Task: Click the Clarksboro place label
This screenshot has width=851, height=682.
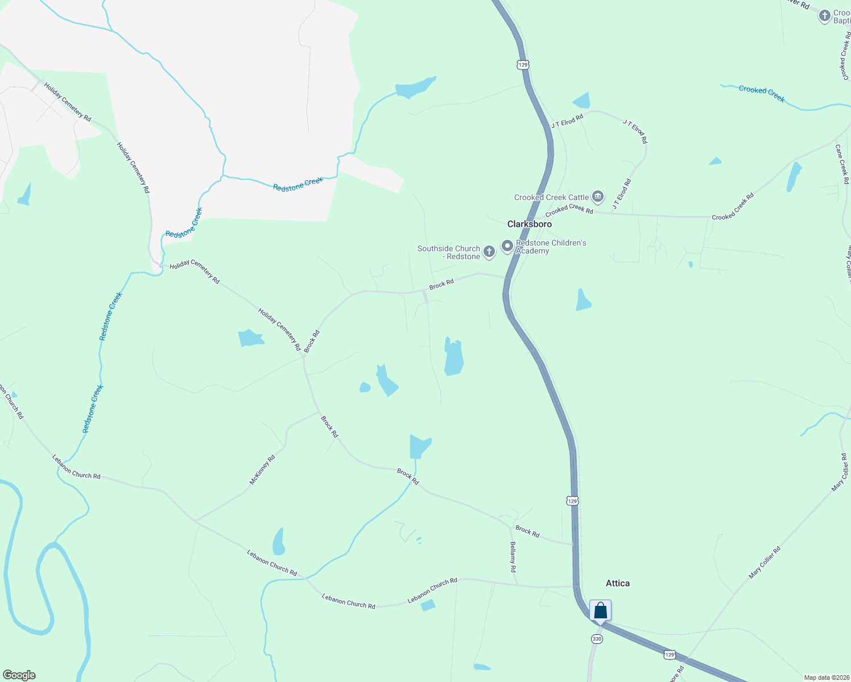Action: [x=529, y=224]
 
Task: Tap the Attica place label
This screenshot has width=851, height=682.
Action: [x=617, y=583]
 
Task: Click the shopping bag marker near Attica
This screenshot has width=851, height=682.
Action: [x=600, y=612]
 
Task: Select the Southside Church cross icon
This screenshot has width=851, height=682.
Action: [x=489, y=251]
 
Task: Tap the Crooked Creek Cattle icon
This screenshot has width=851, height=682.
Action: [x=597, y=197]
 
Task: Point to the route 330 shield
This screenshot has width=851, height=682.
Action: [x=596, y=639]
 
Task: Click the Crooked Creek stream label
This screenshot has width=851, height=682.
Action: [x=761, y=94]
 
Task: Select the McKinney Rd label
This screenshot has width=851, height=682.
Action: [x=262, y=469]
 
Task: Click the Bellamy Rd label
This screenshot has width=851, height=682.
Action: [x=513, y=556]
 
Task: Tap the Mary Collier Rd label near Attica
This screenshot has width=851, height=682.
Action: [x=765, y=563]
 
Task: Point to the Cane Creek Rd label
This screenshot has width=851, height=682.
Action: [x=842, y=164]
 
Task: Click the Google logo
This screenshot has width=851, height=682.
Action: [x=19, y=675]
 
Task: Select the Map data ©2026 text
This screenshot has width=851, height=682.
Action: [x=825, y=677]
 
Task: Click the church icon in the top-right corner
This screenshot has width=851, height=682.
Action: [x=824, y=16]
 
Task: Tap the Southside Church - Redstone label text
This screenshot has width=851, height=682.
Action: [x=449, y=253]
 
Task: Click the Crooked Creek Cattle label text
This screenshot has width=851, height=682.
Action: [x=551, y=198]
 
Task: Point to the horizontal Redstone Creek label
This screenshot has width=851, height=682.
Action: [x=298, y=184]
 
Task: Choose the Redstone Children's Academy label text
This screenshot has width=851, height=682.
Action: [x=551, y=247]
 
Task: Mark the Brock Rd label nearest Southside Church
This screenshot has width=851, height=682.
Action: [x=441, y=284]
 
